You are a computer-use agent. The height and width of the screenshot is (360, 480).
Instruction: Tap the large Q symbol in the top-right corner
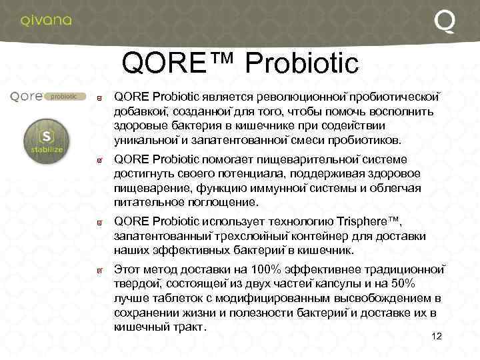pyautogui.click(x=445, y=21)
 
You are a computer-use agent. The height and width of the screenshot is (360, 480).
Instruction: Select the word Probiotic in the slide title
pyautogui.click(x=302, y=64)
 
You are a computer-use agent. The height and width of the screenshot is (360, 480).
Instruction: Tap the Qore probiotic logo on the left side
pyautogui.click(x=47, y=97)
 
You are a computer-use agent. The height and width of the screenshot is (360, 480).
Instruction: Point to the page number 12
pyautogui.click(x=437, y=335)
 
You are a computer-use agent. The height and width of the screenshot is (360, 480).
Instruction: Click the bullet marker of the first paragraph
pyautogui.click(x=99, y=98)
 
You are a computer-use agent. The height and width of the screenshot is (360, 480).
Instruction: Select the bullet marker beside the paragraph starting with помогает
pyautogui.click(x=99, y=160)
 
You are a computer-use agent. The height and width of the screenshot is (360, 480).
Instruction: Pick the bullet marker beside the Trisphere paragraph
pyautogui.click(x=99, y=222)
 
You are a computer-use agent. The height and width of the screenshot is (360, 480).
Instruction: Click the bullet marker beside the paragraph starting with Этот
pyautogui.click(x=99, y=271)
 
